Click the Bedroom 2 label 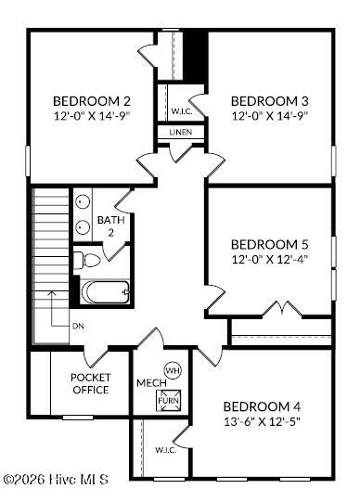[x=92, y=101]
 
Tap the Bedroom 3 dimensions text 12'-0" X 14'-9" [x=270, y=115]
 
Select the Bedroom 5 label [x=270, y=245]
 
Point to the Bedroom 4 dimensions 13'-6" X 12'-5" [x=262, y=421]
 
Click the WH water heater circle [x=173, y=371]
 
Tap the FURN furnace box [x=168, y=401]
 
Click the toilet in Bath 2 [x=86, y=261]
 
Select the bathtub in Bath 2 [x=105, y=292]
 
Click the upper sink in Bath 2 [x=83, y=202]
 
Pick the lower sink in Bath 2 [x=83, y=227]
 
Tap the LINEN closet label [x=181, y=132]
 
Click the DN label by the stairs [x=78, y=327]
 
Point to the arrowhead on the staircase [x=52, y=293]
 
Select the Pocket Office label [x=91, y=383]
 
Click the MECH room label [x=151, y=383]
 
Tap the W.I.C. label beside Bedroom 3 [x=182, y=111]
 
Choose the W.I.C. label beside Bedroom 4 [x=166, y=450]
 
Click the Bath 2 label [x=110, y=226]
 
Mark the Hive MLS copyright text [x=57, y=480]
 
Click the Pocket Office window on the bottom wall [x=78, y=418]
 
